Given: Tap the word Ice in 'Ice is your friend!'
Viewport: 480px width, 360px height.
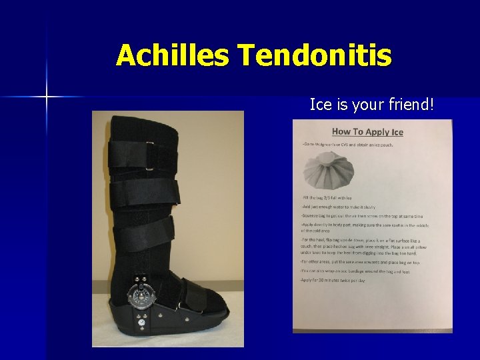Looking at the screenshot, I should pos(319,104).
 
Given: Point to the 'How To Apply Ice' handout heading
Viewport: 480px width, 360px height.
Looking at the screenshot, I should pos(367,131).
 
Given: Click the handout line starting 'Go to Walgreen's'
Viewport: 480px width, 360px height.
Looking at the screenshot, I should pos(347,144).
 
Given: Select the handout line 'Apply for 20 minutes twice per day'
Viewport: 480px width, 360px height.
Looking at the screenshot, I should pos(333,281).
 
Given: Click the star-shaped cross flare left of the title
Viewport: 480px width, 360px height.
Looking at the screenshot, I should pos(47,97).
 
